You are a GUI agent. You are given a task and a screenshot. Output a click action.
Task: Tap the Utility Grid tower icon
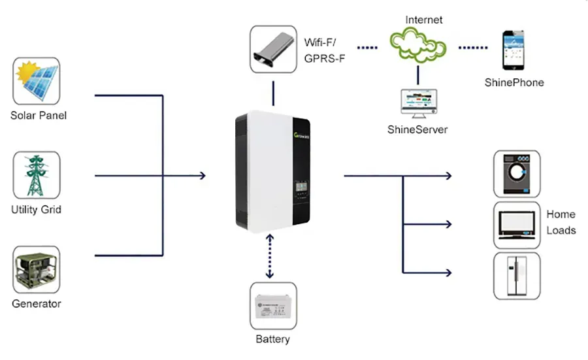click(x=37, y=175)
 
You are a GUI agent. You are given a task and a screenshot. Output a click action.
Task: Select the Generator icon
click(x=37, y=269)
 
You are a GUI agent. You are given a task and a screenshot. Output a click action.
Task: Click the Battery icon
click(x=273, y=305)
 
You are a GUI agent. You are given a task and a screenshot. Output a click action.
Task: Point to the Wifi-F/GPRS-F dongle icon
click(x=273, y=49)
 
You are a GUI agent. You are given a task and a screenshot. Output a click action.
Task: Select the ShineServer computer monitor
click(x=418, y=101)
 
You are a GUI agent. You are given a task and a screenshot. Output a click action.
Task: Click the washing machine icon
click(x=516, y=174)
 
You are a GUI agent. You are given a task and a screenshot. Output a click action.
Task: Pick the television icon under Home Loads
click(x=516, y=224)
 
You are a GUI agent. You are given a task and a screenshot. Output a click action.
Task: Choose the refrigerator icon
click(x=516, y=276)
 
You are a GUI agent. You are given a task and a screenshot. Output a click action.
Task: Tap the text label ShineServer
click(x=418, y=129)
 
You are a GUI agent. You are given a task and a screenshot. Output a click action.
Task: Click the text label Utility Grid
click(x=37, y=210)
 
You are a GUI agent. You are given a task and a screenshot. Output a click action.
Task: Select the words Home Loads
click(x=561, y=222)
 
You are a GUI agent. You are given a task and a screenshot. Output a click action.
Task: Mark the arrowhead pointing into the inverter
click(x=203, y=175)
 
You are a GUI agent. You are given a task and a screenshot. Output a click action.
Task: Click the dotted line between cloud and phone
click(x=473, y=48)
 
